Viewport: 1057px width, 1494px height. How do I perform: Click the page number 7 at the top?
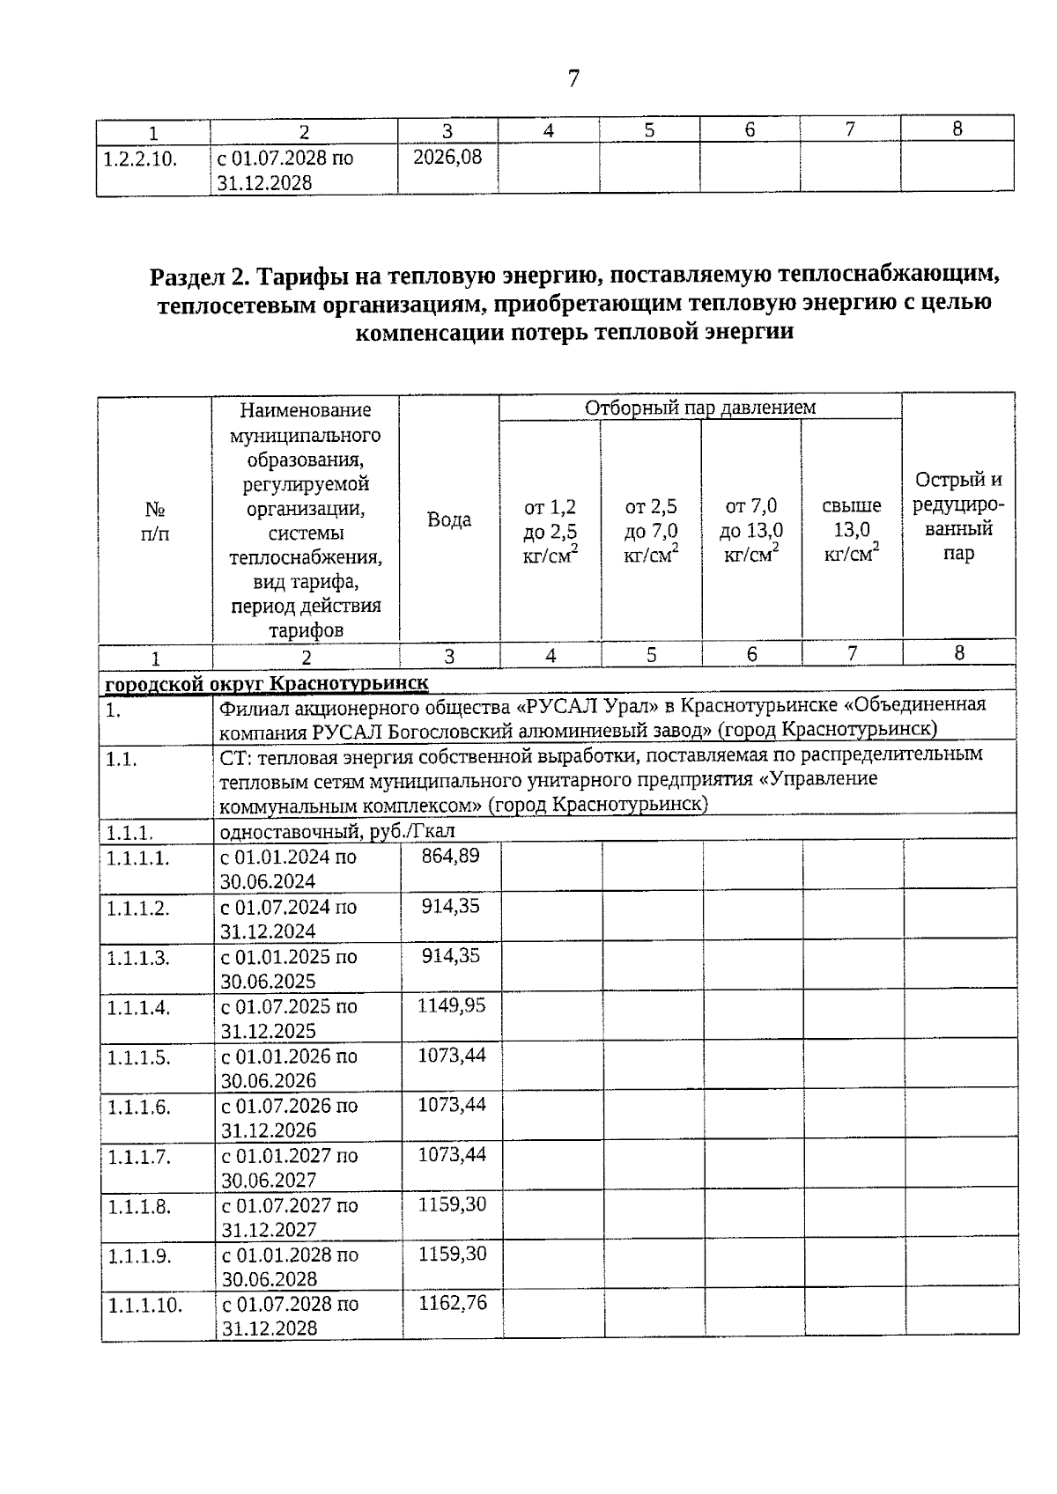tap(573, 79)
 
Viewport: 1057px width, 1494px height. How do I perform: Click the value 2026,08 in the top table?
tap(447, 158)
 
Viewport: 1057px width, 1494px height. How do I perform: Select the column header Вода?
tap(449, 519)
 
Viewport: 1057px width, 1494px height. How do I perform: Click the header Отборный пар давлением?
tap(700, 408)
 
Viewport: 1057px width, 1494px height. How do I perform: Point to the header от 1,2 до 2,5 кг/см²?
tap(551, 531)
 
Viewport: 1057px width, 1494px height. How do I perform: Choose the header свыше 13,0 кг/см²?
tap(851, 530)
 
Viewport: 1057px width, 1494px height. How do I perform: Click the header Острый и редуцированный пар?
tap(958, 517)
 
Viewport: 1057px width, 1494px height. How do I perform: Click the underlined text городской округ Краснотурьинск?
tap(267, 683)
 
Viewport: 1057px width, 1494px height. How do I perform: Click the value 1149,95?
tap(451, 1005)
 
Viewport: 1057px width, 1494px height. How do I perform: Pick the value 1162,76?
tap(452, 1303)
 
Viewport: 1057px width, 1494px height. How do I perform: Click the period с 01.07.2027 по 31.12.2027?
tap(290, 1218)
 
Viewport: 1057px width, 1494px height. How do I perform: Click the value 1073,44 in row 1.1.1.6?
tap(451, 1105)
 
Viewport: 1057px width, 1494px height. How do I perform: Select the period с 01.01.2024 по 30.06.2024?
tap(288, 869)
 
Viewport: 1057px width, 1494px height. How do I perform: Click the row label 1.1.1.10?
tap(144, 1306)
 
